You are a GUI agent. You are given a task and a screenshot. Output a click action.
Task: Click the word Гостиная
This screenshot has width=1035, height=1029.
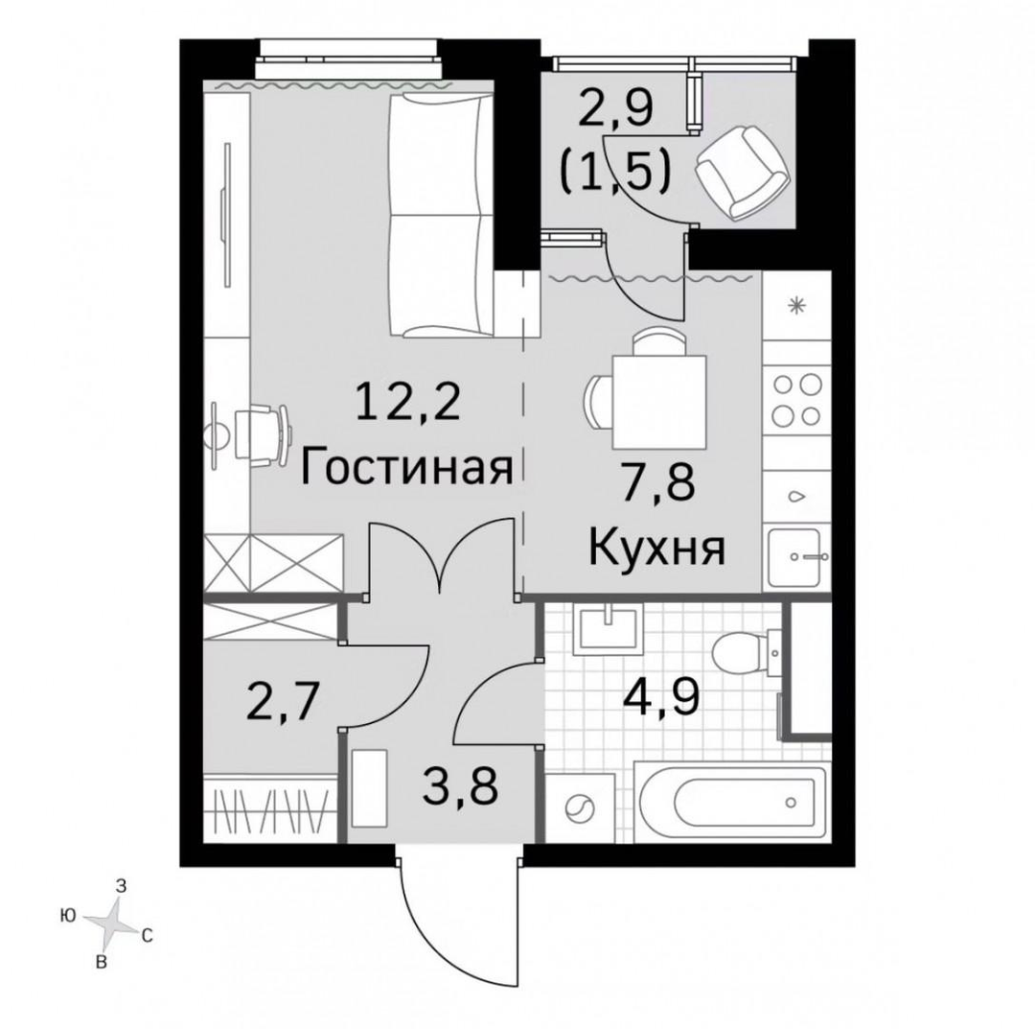(x=406, y=468)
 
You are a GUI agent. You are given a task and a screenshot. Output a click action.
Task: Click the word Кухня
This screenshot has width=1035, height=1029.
(x=656, y=550)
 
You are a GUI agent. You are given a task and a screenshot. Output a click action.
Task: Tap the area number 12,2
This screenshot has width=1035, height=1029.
(x=406, y=404)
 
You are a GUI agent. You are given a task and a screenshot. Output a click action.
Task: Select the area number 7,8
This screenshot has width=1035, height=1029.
(x=656, y=483)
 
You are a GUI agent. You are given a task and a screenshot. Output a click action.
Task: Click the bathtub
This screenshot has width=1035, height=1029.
(x=730, y=801)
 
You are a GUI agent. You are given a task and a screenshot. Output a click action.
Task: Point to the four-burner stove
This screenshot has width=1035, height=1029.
(x=796, y=400)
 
